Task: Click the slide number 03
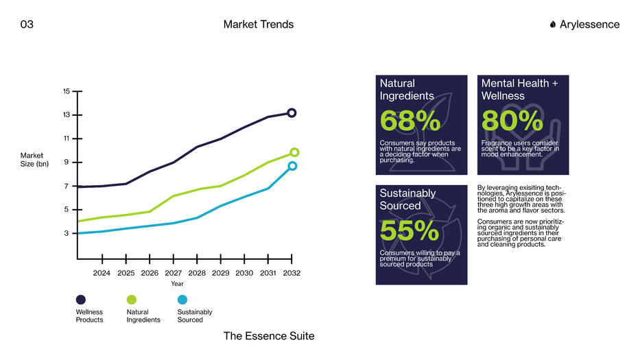coord(27,25)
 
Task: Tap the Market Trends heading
coord(259,25)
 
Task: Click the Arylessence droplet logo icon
coord(553,25)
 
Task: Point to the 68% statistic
coord(410,121)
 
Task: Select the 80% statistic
coord(512,121)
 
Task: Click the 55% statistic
coord(410,232)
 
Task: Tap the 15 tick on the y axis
coord(67,91)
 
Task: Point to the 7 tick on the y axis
coord(67,187)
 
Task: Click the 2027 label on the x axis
coord(174,273)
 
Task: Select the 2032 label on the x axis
coord(292,273)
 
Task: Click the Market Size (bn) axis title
coord(34,160)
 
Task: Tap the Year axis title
coord(177,284)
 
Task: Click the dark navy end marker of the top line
coord(292,113)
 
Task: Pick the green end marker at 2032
coord(294,152)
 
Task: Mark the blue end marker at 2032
coord(292,166)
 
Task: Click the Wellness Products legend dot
coord(81,300)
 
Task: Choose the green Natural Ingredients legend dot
coord(132,300)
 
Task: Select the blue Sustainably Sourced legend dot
coord(182,300)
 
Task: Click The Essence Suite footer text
coord(269,336)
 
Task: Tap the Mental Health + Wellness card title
coord(520,90)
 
